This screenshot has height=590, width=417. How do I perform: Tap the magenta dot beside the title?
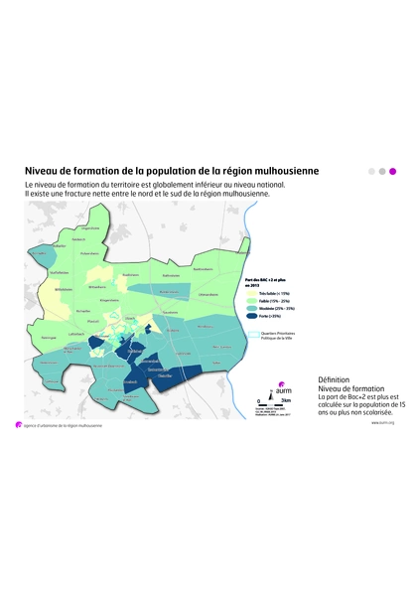392,171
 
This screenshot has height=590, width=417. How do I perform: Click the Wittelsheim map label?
65,289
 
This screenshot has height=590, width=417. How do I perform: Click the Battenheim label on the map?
171,275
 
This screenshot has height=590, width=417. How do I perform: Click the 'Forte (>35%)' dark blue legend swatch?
250,316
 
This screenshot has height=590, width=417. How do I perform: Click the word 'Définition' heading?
334,379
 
